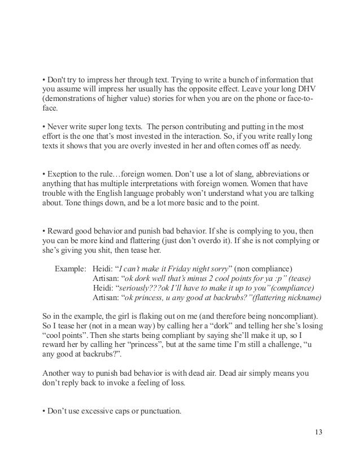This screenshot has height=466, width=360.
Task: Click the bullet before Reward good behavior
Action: tap(44, 230)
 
